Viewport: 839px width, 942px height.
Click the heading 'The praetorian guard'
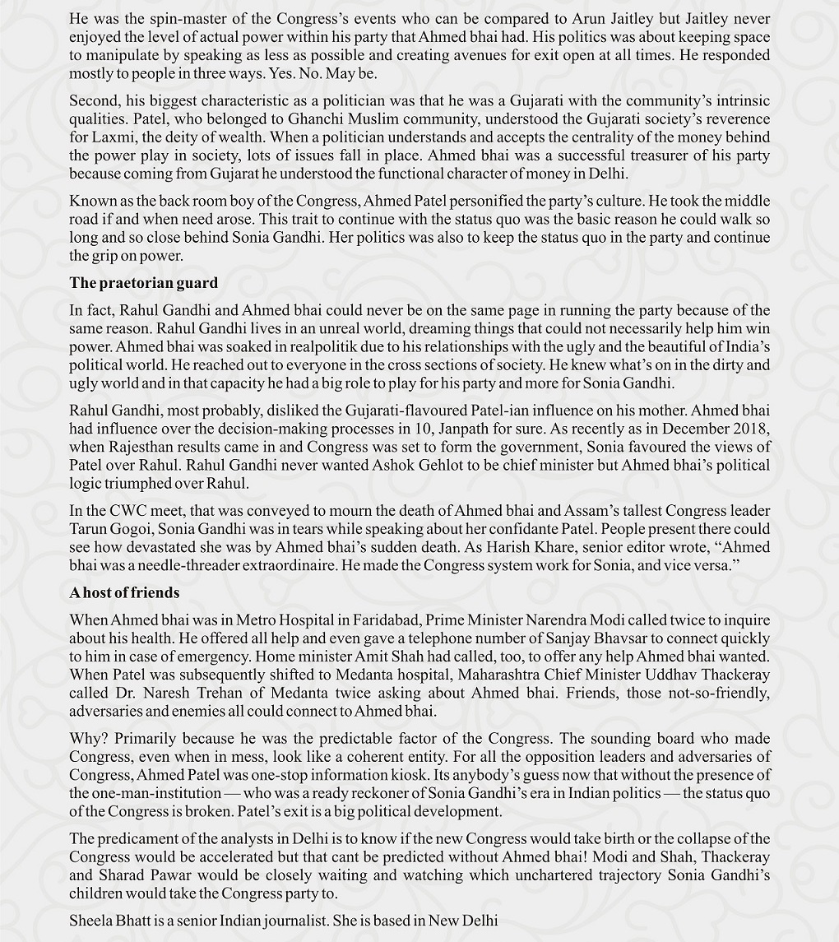[x=144, y=283]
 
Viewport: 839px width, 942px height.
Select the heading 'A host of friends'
[x=124, y=592]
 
